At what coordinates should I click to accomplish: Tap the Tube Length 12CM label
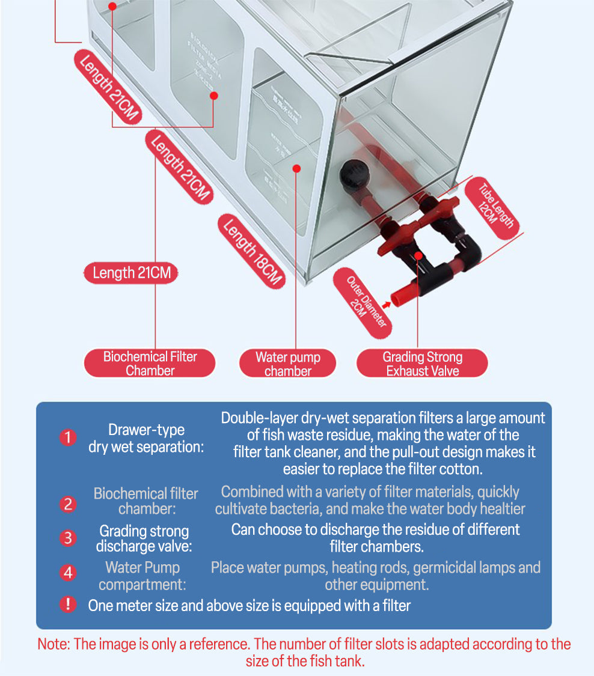pyautogui.click(x=496, y=207)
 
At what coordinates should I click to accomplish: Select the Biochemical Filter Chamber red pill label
pyautogui.click(x=150, y=364)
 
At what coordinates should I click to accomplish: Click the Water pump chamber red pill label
pyautogui.click(x=288, y=364)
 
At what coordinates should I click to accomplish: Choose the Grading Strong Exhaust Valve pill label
pyautogui.click(x=423, y=364)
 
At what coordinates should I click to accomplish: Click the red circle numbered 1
pyautogui.click(x=68, y=438)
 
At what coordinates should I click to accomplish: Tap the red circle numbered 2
pyautogui.click(x=68, y=504)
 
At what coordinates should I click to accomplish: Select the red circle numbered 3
pyautogui.click(x=68, y=538)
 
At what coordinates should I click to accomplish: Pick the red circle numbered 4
pyautogui.click(x=68, y=573)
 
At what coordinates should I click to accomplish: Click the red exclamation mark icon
pyautogui.click(x=68, y=604)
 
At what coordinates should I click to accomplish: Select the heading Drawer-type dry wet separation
pyautogui.click(x=146, y=438)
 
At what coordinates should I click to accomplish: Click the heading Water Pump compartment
pyautogui.click(x=142, y=576)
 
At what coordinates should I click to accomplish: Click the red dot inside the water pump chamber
pyautogui.click(x=296, y=168)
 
